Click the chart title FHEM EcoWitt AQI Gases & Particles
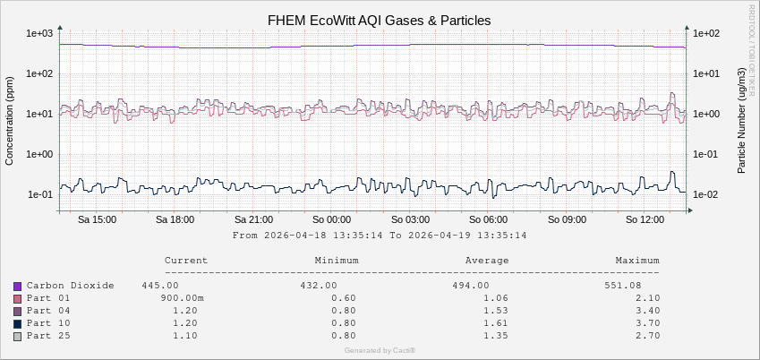(380, 20)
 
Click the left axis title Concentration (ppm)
(10, 120)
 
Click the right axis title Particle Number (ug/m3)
(743, 120)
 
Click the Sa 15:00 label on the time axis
(96, 219)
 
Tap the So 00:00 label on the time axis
(333, 219)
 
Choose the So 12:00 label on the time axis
(645, 219)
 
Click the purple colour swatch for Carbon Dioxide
(17, 286)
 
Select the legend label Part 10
(47, 323)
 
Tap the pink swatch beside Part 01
(17, 298)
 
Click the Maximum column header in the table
(636, 261)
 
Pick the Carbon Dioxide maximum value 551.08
(640, 286)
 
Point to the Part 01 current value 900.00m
(183, 298)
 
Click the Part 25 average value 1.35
(495, 336)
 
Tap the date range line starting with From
(379, 236)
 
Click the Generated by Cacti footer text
(380, 350)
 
